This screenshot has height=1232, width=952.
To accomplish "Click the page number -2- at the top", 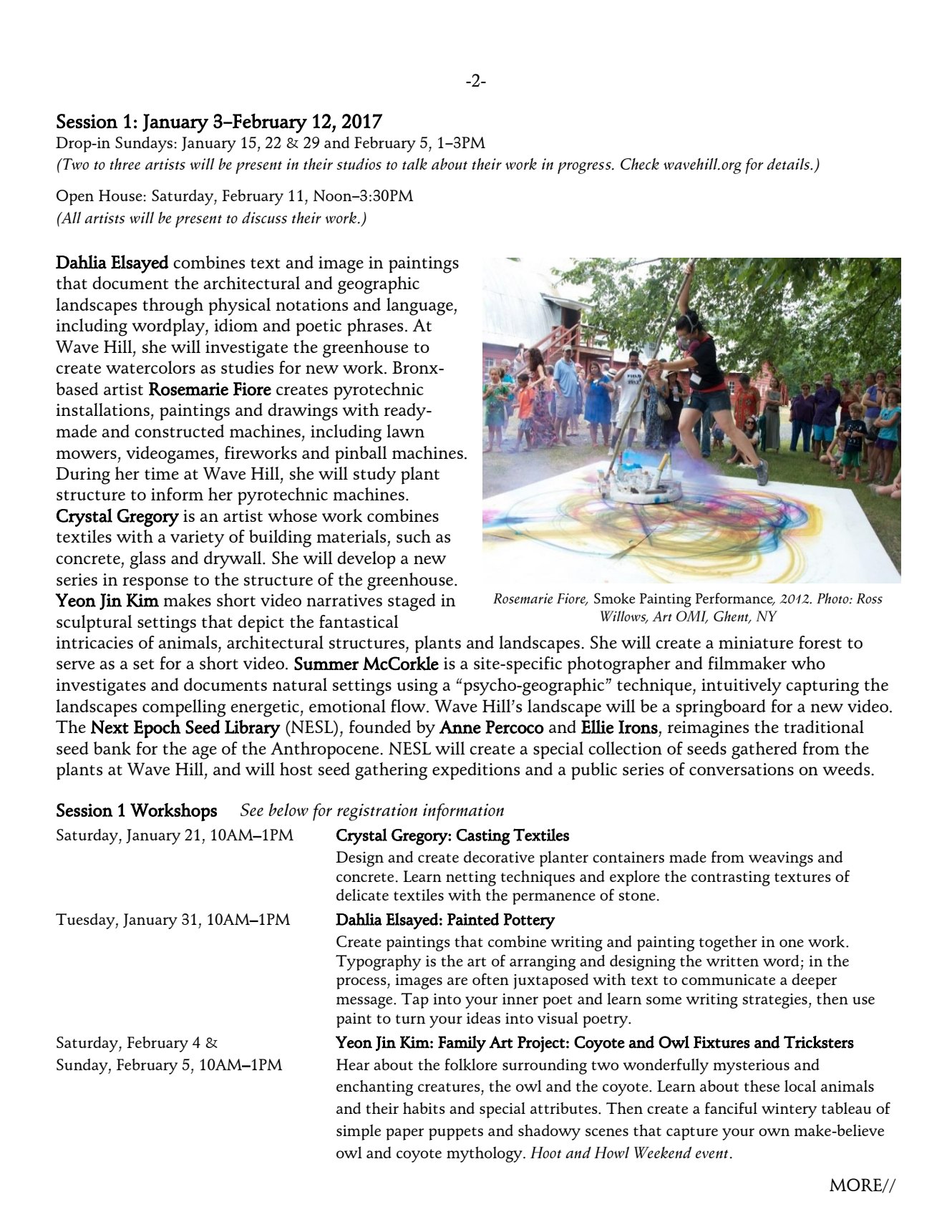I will [x=475, y=82].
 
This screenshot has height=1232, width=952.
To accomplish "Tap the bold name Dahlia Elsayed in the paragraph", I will [x=112, y=263].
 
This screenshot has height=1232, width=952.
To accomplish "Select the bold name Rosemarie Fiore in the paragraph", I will [x=210, y=389].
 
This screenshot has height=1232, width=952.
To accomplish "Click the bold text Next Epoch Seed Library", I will [x=185, y=727].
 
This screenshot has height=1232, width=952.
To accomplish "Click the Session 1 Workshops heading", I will [x=137, y=810].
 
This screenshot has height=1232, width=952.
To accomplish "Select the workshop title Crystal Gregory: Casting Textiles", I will [x=452, y=835].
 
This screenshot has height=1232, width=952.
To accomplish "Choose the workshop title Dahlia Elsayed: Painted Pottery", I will [x=445, y=919].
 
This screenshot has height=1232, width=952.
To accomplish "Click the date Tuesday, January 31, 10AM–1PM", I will [x=173, y=919].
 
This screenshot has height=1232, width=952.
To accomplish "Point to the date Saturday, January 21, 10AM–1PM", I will [x=175, y=835].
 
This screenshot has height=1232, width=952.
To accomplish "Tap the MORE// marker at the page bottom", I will [x=862, y=1185].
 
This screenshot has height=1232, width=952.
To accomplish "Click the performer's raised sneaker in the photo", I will [x=762, y=472].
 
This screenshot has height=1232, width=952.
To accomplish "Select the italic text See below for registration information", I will [x=372, y=810].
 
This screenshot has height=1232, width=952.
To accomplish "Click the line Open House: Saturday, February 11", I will [x=235, y=195].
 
